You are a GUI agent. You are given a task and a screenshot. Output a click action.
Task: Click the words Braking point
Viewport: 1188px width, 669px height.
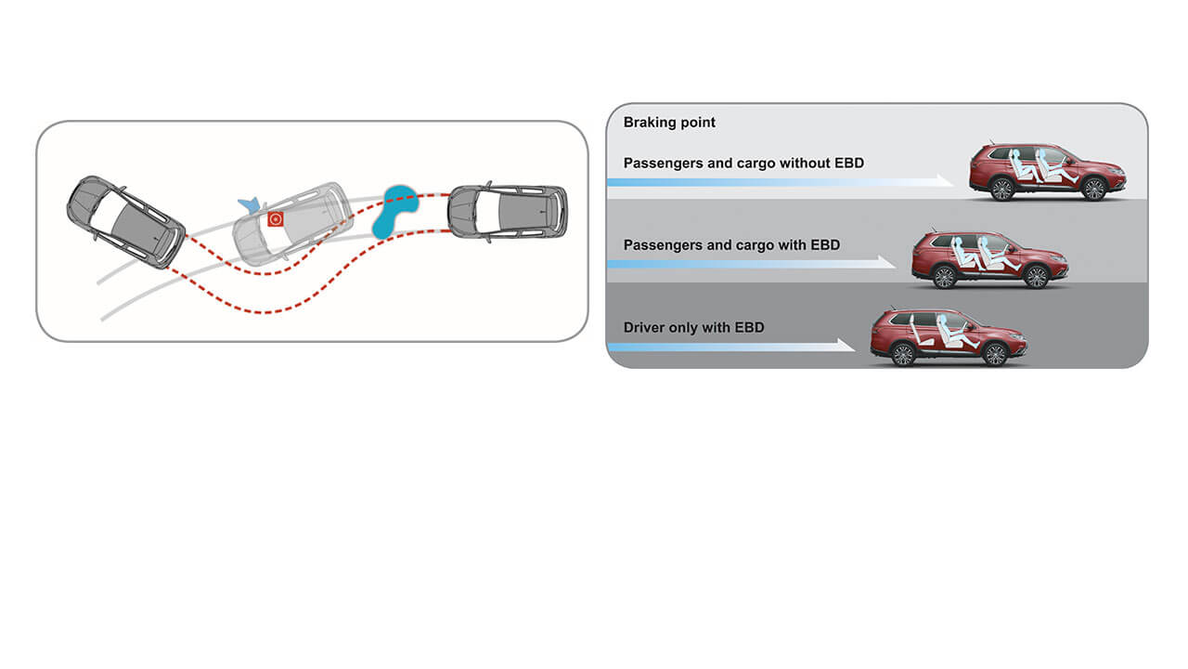tap(669, 123)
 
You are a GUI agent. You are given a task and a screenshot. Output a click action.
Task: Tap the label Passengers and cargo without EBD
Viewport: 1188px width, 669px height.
tap(743, 164)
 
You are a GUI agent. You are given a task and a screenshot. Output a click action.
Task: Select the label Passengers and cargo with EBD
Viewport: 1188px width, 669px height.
tap(731, 245)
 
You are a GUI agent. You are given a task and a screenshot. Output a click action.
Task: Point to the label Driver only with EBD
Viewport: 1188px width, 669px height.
tap(694, 327)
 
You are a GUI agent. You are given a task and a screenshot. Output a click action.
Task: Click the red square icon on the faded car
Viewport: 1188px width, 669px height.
tap(275, 219)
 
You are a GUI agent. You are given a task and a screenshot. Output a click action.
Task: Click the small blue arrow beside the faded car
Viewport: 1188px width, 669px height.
tap(248, 203)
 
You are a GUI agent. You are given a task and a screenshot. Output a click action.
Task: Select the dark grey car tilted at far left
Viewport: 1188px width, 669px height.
tap(125, 221)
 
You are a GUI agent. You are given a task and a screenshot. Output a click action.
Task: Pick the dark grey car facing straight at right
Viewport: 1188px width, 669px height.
tap(507, 212)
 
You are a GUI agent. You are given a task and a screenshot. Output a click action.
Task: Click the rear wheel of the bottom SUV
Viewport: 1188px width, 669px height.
tap(902, 354)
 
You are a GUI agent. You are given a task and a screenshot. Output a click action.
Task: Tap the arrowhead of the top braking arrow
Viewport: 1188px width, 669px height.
tap(947, 181)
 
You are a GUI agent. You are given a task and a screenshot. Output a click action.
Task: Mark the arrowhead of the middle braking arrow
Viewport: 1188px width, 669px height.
tap(888, 263)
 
